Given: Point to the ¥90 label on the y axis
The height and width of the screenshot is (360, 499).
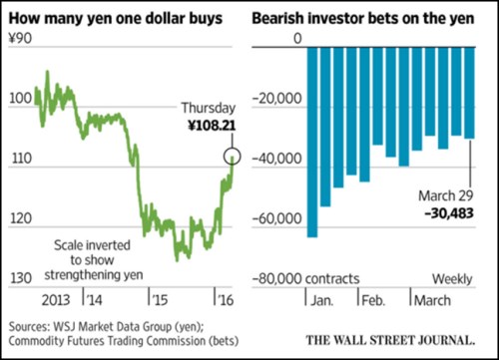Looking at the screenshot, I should click(20, 38).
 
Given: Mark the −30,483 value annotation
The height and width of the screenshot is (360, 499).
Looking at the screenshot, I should click(448, 212).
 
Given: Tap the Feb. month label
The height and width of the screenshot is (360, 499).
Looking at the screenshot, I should click(373, 298).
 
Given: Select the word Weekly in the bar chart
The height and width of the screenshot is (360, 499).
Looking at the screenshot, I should click(451, 277).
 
